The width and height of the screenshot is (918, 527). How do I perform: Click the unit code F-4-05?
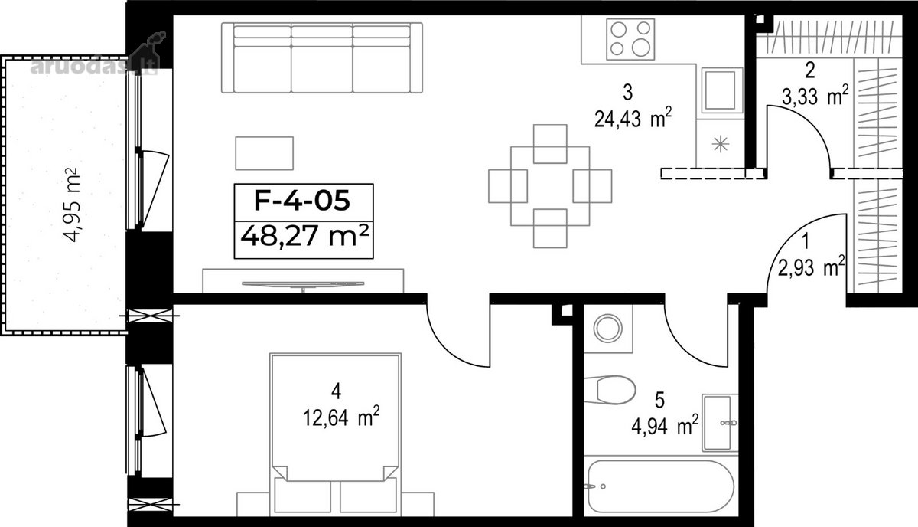(x=302, y=201)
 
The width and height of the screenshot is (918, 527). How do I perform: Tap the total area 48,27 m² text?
(x=305, y=236)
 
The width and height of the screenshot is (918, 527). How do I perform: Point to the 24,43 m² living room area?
(x=633, y=119)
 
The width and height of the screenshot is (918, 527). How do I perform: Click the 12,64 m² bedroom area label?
(x=341, y=417)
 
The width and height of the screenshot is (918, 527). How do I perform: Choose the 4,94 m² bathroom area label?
(x=665, y=425)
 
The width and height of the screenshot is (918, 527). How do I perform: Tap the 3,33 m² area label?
(x=814, y=97)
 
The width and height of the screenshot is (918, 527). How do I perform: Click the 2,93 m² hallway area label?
(x=811, y=267)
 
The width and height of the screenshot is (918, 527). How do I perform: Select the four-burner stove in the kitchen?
(x=630, y=39)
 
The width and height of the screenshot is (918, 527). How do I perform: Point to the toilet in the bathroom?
(x=610, y=389)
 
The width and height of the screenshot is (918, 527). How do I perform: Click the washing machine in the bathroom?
(x=608, y=329)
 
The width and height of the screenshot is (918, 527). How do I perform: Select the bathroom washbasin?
(x=720, y=423)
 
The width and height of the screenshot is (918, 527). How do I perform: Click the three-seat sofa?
(x=322, y=58)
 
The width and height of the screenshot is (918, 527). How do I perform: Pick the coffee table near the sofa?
(x=265, y=153)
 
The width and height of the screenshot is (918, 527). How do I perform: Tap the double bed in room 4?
(x=335, y=433)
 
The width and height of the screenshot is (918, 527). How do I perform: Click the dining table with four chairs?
(x=550, y=186)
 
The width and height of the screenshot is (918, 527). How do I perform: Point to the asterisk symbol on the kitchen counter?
(x=721, y=144)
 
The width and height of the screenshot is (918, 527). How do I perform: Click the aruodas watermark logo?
(x=99, y=60)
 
